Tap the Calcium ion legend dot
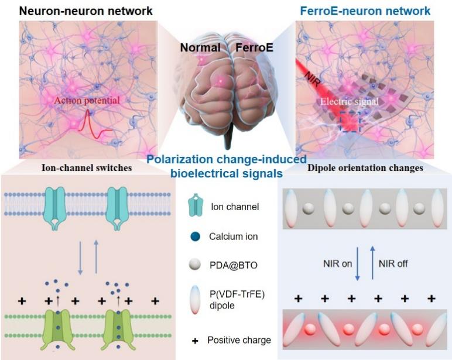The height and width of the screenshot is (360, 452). [194, 237]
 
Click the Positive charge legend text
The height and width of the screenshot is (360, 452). [239, 340]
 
